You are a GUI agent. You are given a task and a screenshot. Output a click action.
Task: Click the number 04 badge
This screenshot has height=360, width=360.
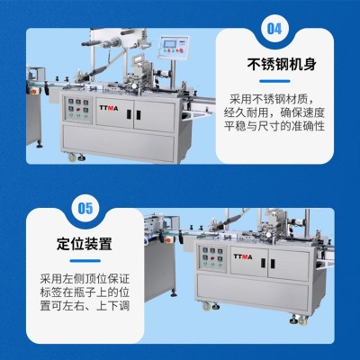click(274, 29)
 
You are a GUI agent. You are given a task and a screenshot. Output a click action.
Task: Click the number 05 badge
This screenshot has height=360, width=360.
click(85, 208)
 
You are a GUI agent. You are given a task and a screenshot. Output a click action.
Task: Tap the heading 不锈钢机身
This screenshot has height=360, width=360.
click(282, 64)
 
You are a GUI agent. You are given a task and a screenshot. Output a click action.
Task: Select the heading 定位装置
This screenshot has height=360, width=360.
click(85, 244)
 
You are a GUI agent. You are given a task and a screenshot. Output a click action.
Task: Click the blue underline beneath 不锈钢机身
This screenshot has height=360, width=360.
click(274, 81)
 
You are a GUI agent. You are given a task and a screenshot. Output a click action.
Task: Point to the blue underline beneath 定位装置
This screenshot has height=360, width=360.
click(85, 261)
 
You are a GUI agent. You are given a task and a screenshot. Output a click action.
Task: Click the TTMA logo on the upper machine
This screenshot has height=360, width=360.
click(109, 108)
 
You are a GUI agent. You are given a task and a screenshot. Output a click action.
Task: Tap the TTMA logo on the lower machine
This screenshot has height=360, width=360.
click(243, 256)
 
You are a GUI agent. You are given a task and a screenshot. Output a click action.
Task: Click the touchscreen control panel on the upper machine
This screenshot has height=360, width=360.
click(174, 47)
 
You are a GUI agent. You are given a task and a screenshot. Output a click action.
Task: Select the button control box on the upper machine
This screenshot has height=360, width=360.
click(78, 110)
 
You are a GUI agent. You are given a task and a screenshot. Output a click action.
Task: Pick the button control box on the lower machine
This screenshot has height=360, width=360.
click(212, 257)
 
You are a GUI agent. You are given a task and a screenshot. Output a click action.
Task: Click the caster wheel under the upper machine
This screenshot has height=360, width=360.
click(72, 157)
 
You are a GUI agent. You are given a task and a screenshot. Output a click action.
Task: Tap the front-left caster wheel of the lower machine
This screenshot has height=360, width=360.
click(206, 306)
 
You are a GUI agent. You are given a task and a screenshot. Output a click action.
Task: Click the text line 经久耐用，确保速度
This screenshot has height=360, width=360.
click(274, 112)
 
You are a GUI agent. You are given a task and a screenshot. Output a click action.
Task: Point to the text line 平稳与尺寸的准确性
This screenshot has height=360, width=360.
click(274, 126)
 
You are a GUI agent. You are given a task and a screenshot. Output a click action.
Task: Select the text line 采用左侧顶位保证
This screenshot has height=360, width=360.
click(85, 279)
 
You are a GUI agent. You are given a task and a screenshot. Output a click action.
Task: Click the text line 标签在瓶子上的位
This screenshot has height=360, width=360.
click(85, 292)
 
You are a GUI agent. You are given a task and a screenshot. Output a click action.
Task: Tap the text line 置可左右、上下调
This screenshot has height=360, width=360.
click(85, 306)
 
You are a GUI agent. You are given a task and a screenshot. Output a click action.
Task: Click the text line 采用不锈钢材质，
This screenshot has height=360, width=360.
click(273, 99)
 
